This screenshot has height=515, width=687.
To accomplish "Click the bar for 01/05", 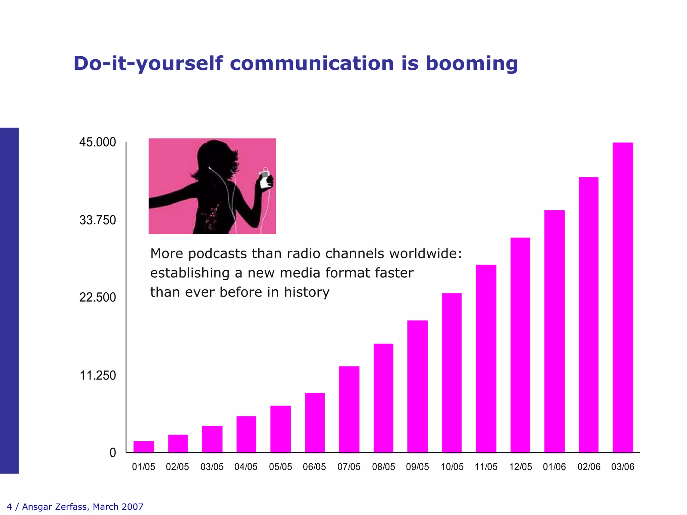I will pyautogui.click(x=144, y=447).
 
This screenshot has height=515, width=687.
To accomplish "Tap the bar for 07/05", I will pyautogui.click(x=349, y=409).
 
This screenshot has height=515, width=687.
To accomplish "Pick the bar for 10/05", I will pyautogui.click(x=452, y=373).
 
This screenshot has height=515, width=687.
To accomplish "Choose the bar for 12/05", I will pyautogui.click(x=520, y=345).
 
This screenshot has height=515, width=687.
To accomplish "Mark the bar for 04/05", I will pyautogui.click(x=246, y=434).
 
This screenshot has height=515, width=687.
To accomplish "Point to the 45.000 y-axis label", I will pyautogui.click(x=98, y=142).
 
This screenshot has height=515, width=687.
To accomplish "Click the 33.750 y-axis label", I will pyautogui.click(x=98, y=220).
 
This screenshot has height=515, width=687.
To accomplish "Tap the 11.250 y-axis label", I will pyautogui.click(x=98, y=376).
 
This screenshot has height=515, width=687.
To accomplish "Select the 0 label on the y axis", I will pyautogui.click(x=113, y=453).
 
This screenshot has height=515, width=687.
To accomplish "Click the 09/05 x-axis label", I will pyautogui.click(x=417, y=467).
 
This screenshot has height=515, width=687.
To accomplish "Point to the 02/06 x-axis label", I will pyautogui.click(x=589, y=467).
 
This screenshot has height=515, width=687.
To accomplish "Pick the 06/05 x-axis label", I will pyautogui.click(x=314, y=467).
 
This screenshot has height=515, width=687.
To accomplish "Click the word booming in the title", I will pyautogui.click(x=472, y=63).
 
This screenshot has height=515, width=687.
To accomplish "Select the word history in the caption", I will pyautogui.click(x=307, y=292).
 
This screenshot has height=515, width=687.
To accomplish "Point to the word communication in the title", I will pyautogui.click(x=312, y=63).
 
